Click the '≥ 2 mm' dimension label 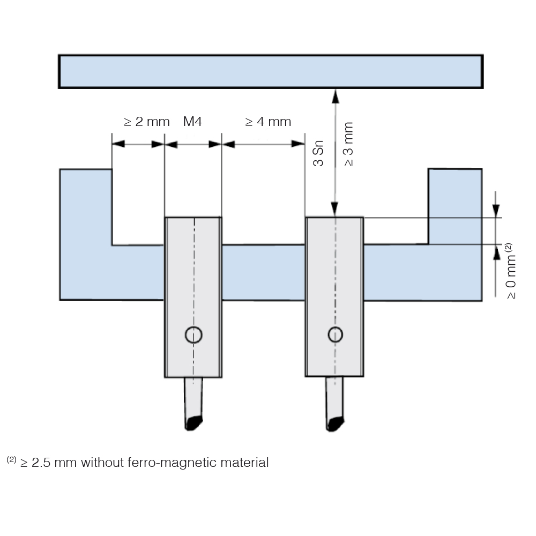147,122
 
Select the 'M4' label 192,121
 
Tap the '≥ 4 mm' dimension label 268,122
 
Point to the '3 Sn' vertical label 318,153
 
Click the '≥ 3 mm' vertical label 348,144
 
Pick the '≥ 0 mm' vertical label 511,277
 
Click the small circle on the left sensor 194,334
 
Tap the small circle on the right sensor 336,334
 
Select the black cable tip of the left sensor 193,423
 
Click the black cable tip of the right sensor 335,424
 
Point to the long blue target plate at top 271,71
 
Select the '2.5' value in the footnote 41,463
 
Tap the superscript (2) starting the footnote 11,459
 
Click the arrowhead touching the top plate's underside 336,96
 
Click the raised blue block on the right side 455,206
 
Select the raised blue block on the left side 86,207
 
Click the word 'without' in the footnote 102,462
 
